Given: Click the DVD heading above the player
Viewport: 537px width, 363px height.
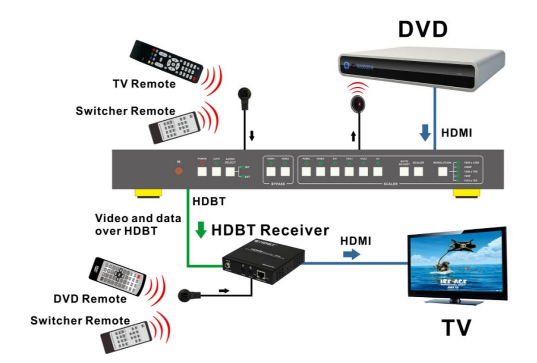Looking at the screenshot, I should pos(422,29).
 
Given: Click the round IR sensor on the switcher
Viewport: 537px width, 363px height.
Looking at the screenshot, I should pos(179,171).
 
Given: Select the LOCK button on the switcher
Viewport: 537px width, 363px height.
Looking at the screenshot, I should pos(217,171).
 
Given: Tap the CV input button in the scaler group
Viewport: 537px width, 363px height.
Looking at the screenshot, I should pos(378,171).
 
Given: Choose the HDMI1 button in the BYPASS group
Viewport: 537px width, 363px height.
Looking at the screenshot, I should pos(270,171).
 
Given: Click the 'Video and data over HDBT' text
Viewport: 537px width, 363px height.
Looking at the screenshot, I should pos(138,224).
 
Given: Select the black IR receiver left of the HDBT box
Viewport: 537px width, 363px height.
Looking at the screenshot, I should pos(185,295).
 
